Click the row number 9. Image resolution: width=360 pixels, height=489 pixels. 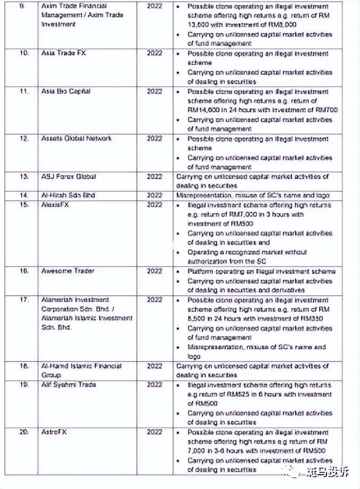(x=23, y=6)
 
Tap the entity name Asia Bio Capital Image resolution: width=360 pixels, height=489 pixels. (x=66, y=91)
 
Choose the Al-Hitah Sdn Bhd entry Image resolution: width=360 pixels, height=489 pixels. (x=68, y=195)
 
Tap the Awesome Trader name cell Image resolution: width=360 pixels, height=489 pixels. (x=68, y=271)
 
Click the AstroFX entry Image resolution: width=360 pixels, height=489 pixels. (x=53, y=432)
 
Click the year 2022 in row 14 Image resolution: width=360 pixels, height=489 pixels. (x=154, y=195)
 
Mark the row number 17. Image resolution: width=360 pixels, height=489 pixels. (x=24, y=300)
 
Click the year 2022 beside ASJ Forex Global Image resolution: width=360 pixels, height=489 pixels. (x=154, y=176)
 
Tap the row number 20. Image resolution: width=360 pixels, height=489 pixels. (x=24, y=432)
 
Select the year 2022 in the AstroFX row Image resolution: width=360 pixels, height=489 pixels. (x=154, y=432)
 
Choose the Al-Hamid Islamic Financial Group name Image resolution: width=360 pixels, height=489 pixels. (x=81, y=370)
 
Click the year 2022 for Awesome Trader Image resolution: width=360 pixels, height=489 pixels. (x=154, y=271)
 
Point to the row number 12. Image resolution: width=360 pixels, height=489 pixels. (x=24, y=138)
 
